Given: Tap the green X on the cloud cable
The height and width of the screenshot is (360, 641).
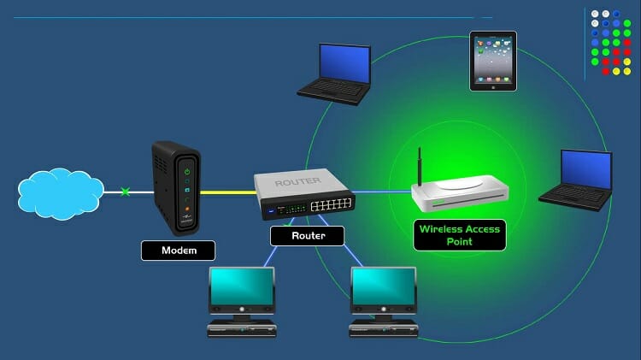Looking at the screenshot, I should [126, 192].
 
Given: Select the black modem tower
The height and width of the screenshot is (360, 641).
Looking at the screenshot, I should [175, 187].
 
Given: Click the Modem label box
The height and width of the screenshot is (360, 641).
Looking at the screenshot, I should [178, 251].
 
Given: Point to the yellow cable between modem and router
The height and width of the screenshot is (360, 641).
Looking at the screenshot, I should [226, 192].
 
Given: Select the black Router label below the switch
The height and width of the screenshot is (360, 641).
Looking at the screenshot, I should [307, 236].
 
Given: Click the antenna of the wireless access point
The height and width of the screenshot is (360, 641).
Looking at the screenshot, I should [420, 167].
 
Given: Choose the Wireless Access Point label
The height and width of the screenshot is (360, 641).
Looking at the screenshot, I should [458, 235].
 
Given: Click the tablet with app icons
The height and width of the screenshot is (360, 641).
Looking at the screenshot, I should [493, 61].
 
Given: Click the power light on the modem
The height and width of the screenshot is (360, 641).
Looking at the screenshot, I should [187, 172].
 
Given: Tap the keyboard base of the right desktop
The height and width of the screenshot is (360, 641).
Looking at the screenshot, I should [384, 329].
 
